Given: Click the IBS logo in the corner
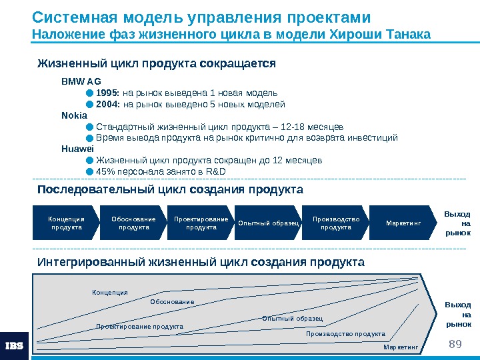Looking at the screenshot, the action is point(15,346).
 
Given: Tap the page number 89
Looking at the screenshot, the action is point(456,343).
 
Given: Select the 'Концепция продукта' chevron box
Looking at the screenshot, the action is point(67,223).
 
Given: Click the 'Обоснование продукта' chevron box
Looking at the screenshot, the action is point(133,223).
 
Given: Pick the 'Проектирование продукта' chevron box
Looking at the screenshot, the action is point(201,223).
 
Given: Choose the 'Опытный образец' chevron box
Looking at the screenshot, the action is point(268,223).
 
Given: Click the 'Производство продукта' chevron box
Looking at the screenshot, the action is point(336,223).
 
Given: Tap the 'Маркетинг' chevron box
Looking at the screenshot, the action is point(404,223).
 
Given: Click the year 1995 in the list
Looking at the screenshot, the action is point(108,93).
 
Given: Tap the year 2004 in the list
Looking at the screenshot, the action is point(108,104).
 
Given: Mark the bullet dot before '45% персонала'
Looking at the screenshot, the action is point(89,172).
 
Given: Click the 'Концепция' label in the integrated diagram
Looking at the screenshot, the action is point(110,292).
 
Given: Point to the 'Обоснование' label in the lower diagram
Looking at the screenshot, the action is point(172,302).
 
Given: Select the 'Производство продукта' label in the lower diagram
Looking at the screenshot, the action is point(345,333).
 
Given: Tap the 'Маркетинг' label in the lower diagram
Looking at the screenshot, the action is point(401,347).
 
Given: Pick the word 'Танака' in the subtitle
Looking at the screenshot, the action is point(407,34).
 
